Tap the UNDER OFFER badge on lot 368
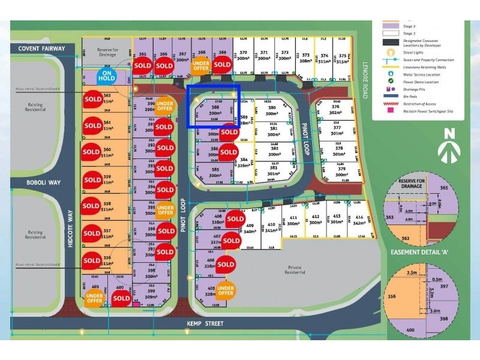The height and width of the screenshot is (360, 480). click(x=201, y=65)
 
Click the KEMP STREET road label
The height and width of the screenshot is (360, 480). click(x=209, y=324)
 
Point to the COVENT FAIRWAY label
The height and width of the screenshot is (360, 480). click(x=40, y=49)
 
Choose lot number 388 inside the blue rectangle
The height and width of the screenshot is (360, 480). click(x=215, y=108)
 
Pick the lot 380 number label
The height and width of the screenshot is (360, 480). click(x=272, y=108)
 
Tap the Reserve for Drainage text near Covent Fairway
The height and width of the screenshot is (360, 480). click(x=108, y=53)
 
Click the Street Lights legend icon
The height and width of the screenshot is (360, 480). click(x=391, y=52)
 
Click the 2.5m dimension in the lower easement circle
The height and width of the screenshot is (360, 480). click(x=411, y=273)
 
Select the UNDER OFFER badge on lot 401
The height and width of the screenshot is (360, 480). click(x=94, y=298)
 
